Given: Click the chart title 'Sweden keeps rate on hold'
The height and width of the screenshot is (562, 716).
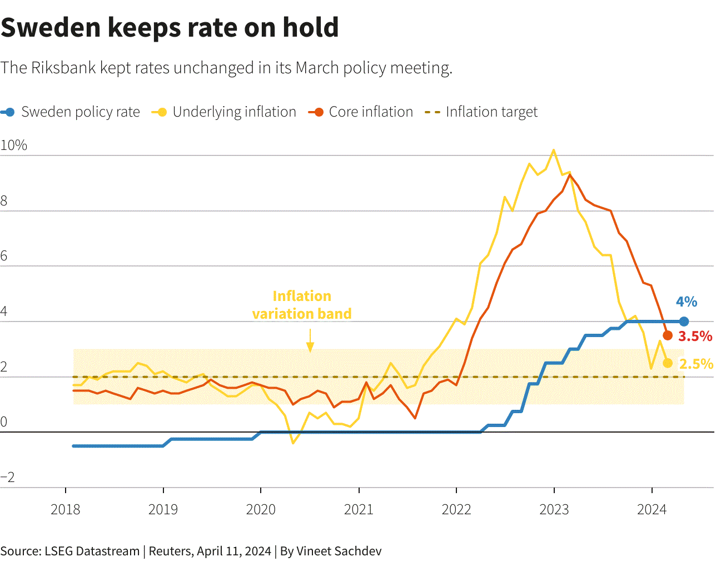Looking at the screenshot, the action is click(x=170, y=28).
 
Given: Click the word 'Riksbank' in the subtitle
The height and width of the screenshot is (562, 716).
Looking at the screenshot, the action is click(x=63, y=68).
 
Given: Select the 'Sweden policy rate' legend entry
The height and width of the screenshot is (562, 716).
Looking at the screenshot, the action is click(x=70, y=112).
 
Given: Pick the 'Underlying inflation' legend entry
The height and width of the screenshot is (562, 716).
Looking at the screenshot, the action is click(x=224, y=112).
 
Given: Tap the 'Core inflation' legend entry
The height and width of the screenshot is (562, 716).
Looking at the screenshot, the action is click(x=360, y=112).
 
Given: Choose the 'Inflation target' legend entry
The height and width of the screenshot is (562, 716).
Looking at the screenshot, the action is click(x=481, y=112).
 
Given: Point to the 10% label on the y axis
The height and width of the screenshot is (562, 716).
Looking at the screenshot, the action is click(x=13, y=145).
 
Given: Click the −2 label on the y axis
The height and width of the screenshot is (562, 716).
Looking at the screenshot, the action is click(x=8, y=477).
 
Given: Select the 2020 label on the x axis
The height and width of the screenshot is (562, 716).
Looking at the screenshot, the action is click(x=261, y=510).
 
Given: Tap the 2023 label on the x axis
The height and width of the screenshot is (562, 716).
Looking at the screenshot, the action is click(x=554, y=510).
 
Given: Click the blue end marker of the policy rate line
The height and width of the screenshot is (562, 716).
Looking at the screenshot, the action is click(x=684, y=322).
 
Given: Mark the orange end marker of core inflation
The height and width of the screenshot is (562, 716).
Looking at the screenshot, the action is click(x=668, y=335).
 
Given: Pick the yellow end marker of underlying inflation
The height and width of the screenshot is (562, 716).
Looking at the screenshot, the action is click(x=668, y=363).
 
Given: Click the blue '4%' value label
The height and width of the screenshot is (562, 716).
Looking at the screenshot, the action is click(x=687, y=302).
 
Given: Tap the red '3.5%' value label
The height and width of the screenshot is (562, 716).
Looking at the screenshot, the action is click(x=695, y=337).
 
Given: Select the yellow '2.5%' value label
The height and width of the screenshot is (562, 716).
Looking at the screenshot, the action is click(x=696, y=364).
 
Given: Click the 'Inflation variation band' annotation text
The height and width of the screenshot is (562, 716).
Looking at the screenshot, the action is click(x=302, y=305).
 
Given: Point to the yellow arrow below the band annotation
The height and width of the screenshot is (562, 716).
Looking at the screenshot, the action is click(x=310, y=340).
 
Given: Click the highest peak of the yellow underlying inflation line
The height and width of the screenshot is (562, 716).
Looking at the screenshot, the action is click(x=554, y=150).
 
